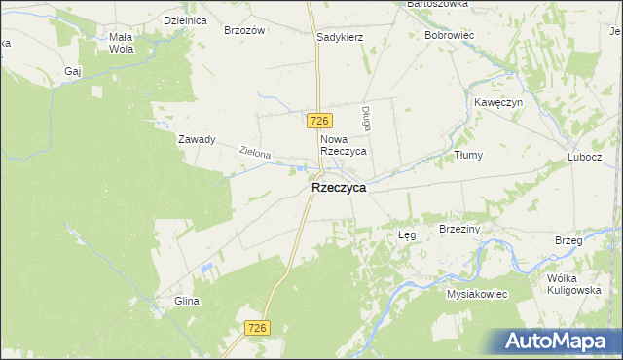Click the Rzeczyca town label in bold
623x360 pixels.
339,189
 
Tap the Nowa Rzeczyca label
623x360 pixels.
343,146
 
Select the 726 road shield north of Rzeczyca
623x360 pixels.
321,121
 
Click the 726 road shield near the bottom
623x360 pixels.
257,329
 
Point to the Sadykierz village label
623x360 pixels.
340,37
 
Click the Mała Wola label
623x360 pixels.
121,42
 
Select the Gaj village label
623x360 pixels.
72,71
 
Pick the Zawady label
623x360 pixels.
196,139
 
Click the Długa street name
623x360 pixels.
367,119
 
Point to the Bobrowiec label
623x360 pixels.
449,35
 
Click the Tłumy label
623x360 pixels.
468,155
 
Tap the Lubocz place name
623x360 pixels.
585,157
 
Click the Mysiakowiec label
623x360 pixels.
477,293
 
